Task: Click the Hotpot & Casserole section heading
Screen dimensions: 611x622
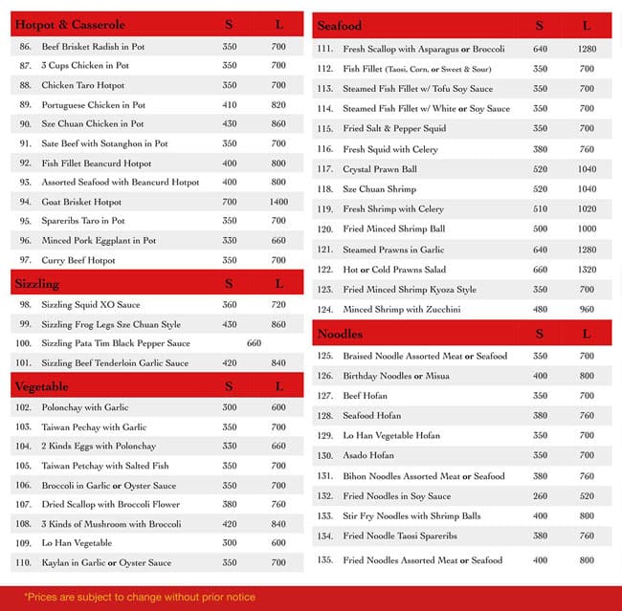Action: point(70,25)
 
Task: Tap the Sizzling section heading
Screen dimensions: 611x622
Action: point(36,284)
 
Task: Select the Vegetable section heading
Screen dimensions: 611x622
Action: point(41,386)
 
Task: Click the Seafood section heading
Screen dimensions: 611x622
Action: point(339,26)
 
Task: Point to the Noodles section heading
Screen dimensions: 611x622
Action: point(340,334)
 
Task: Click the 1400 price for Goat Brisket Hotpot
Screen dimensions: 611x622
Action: point(278,203)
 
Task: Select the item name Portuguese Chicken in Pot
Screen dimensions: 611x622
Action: point(93,105)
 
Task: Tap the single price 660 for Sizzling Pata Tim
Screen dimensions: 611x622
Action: point(254,343)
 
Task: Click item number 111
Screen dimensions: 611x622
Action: point(324,49)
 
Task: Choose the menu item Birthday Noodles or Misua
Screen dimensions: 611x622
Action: point(395,376)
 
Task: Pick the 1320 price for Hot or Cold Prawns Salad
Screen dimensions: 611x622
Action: point(586,270)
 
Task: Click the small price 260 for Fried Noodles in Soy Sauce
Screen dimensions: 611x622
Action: point(540,496)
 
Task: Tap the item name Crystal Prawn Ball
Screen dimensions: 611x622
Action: point(380,169)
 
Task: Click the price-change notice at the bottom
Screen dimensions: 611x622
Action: point(140,598)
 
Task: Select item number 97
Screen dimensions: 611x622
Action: point(25,260)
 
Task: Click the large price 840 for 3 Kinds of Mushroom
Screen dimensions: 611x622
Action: point(278,524)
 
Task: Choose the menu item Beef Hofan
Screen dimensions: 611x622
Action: point(367,396)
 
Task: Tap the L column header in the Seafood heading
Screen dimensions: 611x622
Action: point(586,26)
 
